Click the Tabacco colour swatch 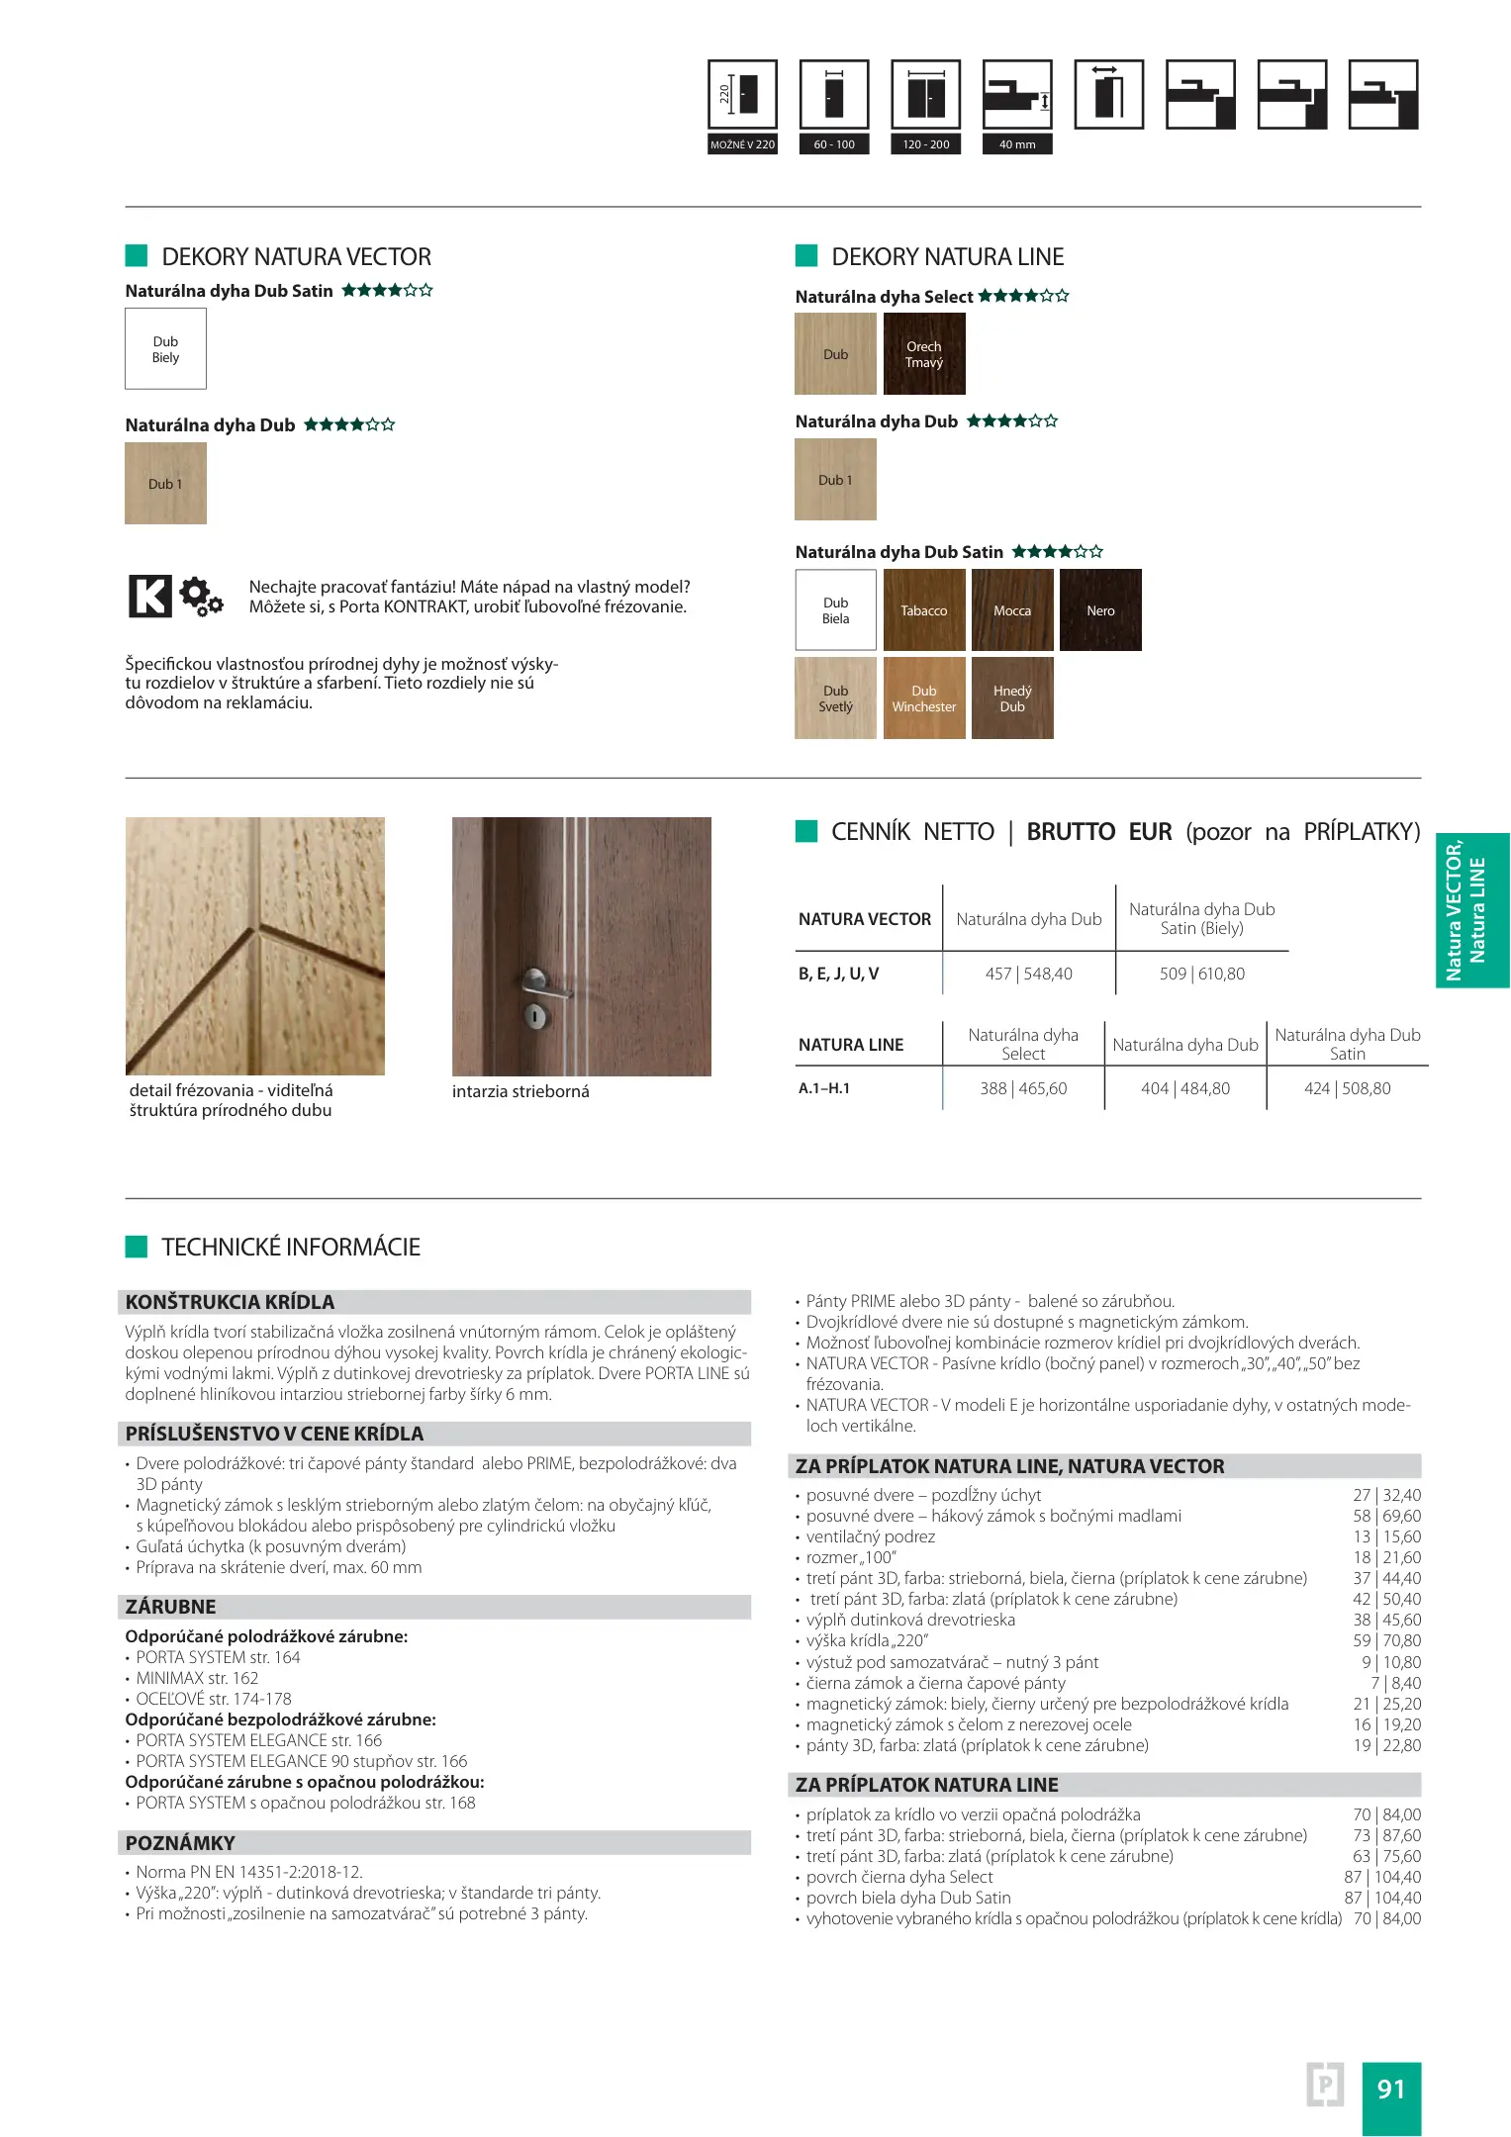pyautogui.click(x=923, y=609)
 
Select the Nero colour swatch pyautogui.click(x=1099, y=609)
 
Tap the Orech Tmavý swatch pyautogui.click(x=923, y=353)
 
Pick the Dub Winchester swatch pyautogui.click(x=923, y=697)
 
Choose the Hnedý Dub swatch pyautogui.click(x=1011, y=697)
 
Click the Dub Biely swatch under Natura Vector pyautogui.click(x=165, y=348)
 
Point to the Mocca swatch pyautogui.click(x=1011, y=609)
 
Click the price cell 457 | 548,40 pyautogui.click(x=1028, y=974)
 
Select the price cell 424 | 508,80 pyautogui.click(x=1347, y=1088)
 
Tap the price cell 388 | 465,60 pyautogui.click(x=1023, y=1088)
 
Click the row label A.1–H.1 pyautogui.click(x=824, y=1088)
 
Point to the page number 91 pyautogui.click(x=1390, y=2089)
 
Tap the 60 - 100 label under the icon pyautogui.click(x=834, y=144)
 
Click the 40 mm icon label pyautogui.click(x=1017, y=144)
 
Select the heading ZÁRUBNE pyautogui.click(x=171, y=1607)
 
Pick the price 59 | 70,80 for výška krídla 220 pyautogui.click(x=1386, y=1640)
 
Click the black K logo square pyautogui.click(x=150, y=597)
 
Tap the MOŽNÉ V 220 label pyautogui.click(x=742, y=144)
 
